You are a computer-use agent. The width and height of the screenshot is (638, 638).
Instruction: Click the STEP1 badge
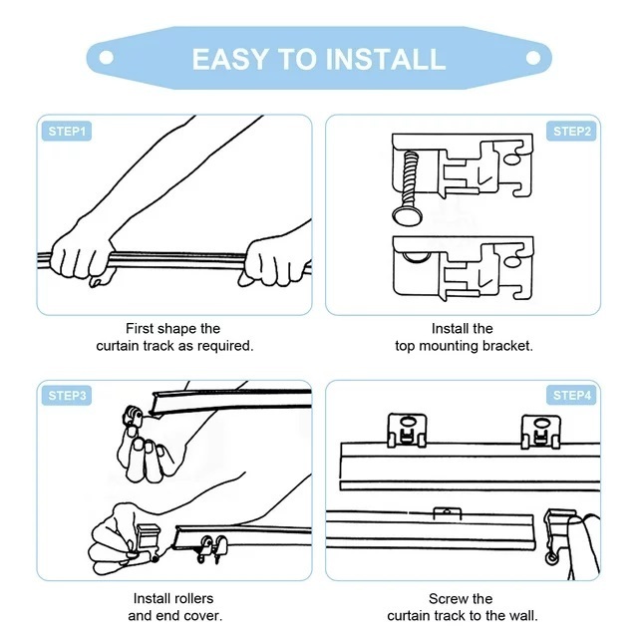point(67,131)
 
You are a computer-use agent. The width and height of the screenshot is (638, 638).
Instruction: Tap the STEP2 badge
point(571,131)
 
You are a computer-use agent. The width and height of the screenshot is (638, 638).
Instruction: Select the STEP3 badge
point(67,395)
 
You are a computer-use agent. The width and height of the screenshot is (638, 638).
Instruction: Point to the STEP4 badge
point(571,395)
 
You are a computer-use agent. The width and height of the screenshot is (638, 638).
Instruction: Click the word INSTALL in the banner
point(386,60)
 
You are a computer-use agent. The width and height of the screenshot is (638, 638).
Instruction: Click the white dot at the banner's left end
point(107,58)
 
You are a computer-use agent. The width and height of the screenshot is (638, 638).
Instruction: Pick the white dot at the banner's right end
point(533,58)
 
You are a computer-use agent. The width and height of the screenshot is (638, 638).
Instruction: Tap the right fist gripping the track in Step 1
point(275,262)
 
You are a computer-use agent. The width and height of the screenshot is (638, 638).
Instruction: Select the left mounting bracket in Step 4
point(407,431)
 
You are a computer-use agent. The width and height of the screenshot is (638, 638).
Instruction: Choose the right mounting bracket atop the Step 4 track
point(540,432)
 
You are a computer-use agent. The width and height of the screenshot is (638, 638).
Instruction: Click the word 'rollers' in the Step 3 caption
point(192,598)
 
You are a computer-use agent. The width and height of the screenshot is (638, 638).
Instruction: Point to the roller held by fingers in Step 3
point(133,417)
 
